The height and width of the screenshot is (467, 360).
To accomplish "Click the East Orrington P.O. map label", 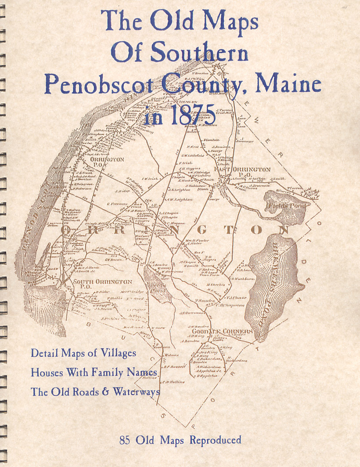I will pos(242,172).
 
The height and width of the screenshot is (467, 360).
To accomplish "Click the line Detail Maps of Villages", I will pos(83,353).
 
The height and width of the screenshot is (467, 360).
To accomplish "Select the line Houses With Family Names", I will pos(94,372).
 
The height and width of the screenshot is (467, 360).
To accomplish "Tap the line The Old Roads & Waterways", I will pos(95,392).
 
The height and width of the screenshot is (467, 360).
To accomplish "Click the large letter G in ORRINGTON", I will pos(202,229).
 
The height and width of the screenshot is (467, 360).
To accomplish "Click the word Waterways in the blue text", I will pos(136,392).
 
